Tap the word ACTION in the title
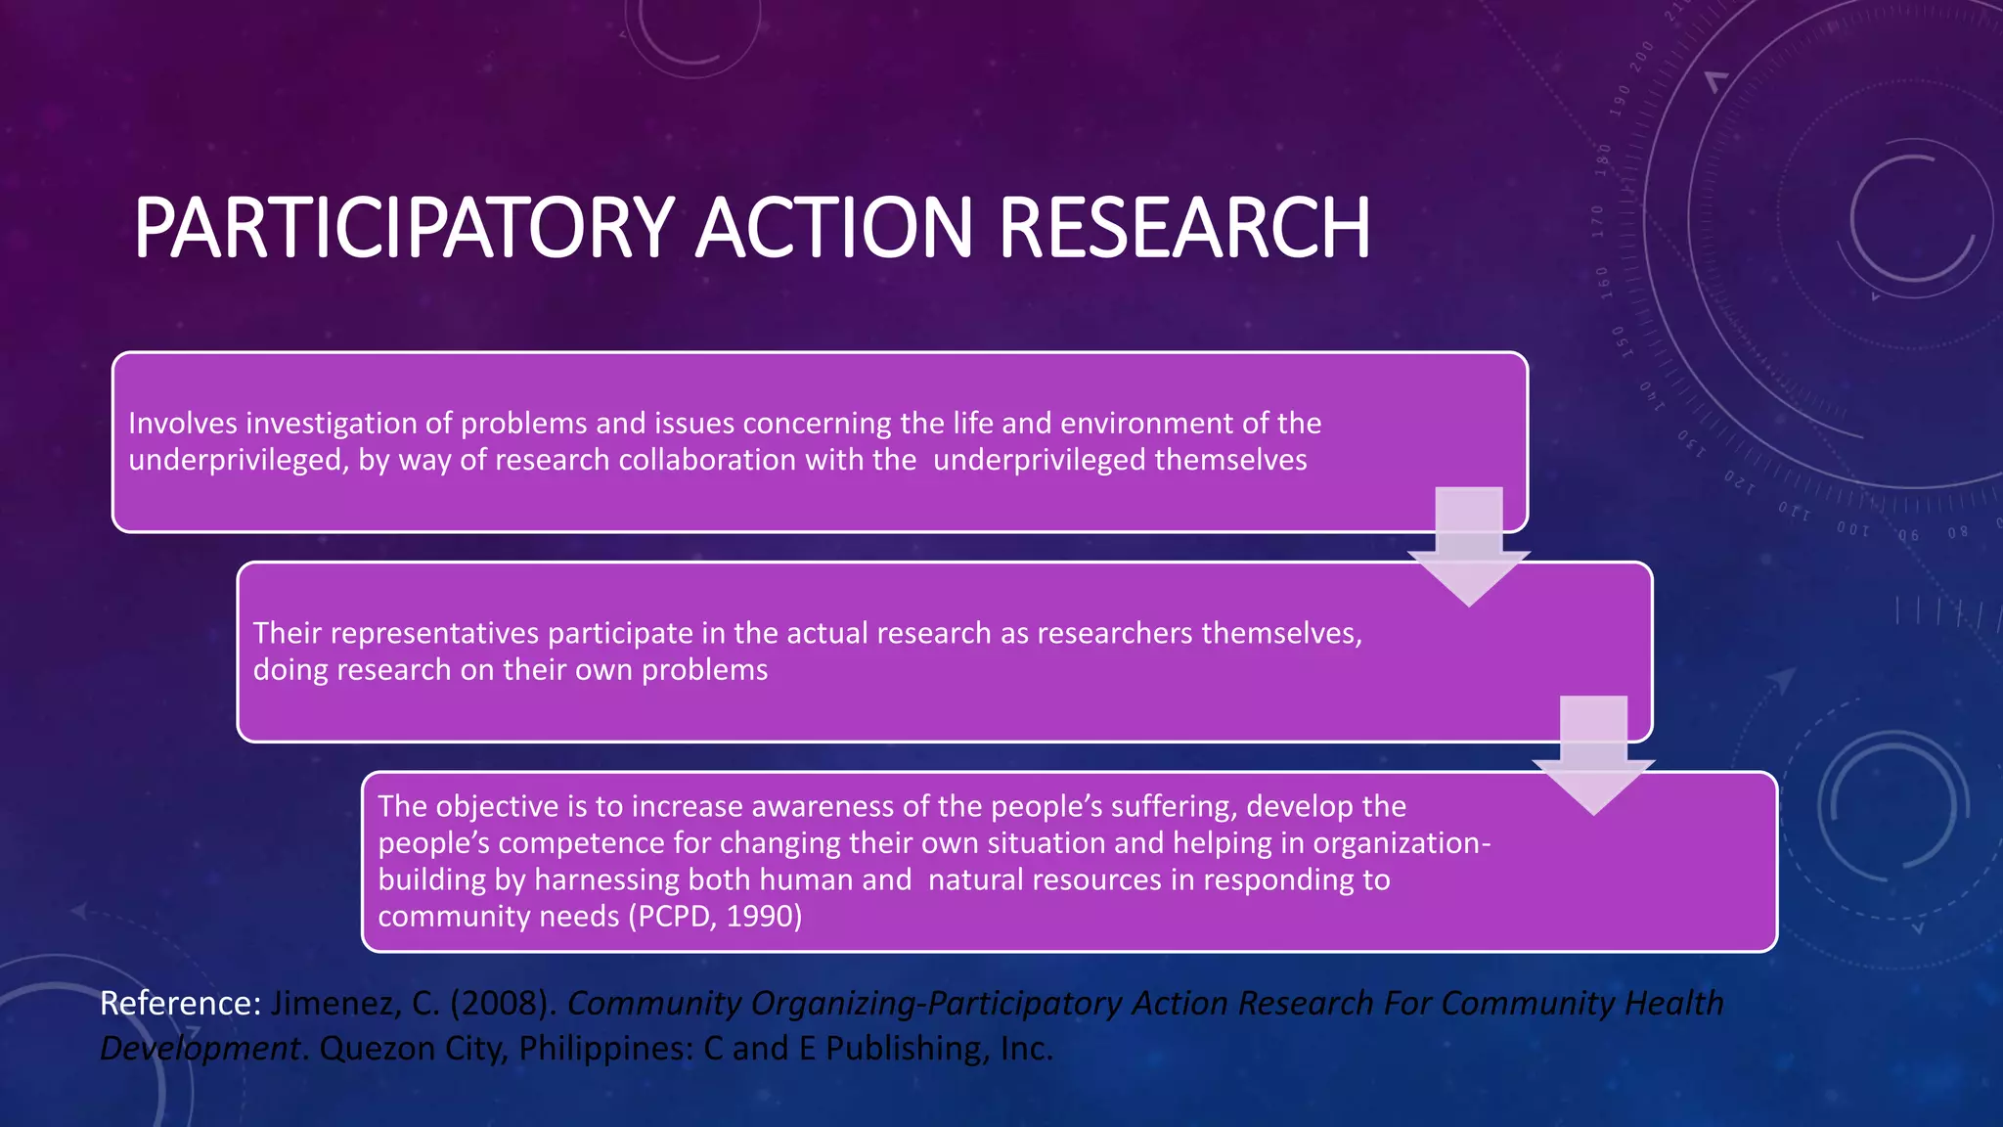pos(833,228)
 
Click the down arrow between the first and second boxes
pos(1468,548)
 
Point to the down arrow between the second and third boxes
pos(1593,756)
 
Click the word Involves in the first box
pos(183,423)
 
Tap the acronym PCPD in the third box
pos(673,916)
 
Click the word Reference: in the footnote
pos(180,1003)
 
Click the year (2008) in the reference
pos(503,1003)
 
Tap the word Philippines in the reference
pos(605,1049)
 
